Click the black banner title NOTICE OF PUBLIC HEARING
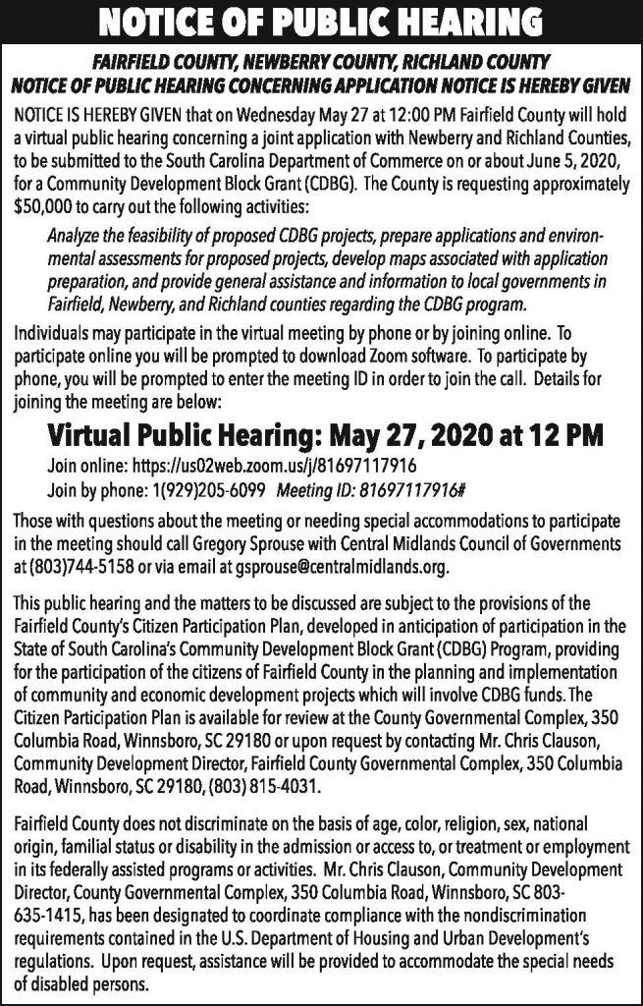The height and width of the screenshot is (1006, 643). (x=321, y=21)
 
